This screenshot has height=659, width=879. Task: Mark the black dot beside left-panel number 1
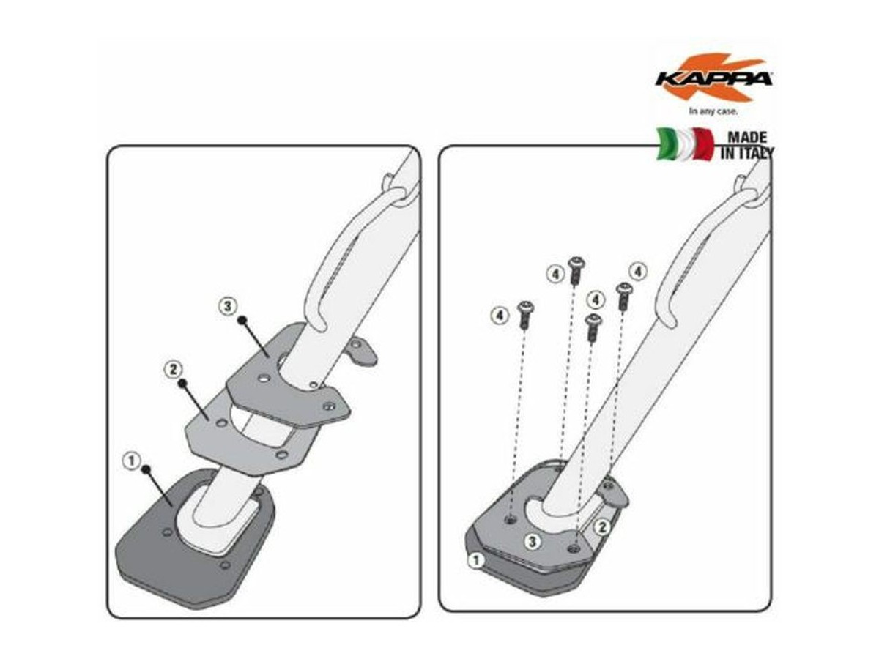(146, 469)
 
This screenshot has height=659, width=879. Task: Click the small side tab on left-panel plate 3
(362, 352)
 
